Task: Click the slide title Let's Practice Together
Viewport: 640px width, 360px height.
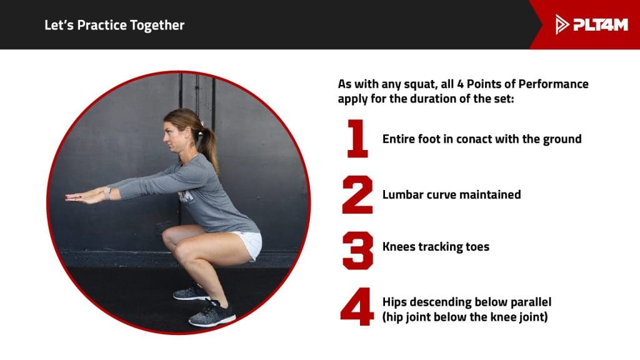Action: [x=114, y=26]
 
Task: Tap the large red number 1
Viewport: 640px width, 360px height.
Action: [x=357, y=139]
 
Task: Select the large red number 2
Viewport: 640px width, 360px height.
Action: [x=357, y=194]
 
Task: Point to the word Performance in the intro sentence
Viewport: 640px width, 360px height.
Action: [x=550, y=84]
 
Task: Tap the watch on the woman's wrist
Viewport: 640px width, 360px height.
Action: [x=107, y=192]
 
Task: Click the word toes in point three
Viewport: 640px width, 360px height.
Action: [x=477, y=246]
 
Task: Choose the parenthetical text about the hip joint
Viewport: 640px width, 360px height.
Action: [x=465, y=317]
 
